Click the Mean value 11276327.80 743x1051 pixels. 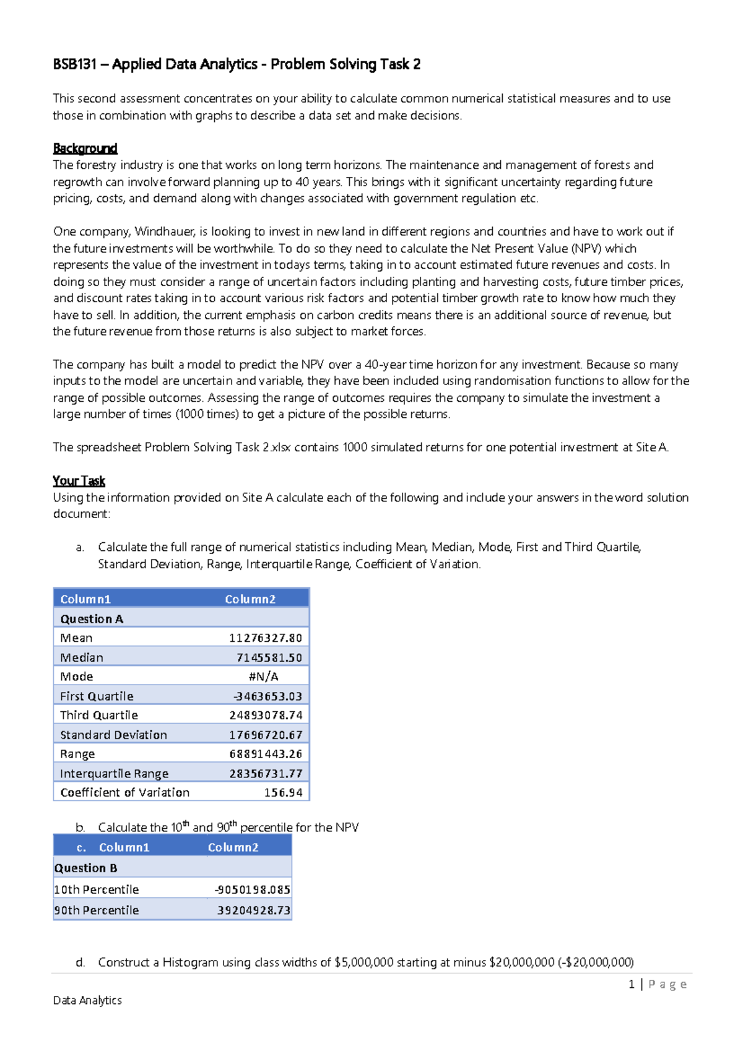pos(265,638)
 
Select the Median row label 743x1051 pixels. pos(82,657)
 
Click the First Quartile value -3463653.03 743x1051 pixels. pos(267,696)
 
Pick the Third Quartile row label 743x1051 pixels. pos(99,715)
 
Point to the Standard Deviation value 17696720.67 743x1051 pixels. pos(265,735)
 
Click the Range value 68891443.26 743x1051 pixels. pos(265,754)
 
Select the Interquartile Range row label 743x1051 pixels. pos(114,774)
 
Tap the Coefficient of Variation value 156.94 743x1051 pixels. pos(283,792)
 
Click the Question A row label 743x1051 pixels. pos(92,619)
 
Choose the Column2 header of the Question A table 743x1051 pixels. pos(250,599)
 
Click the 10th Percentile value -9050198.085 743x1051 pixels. pos(252,889)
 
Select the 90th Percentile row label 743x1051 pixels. pos(97,910)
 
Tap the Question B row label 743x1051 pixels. pos(85,868)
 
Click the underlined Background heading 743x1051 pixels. pos(85,149)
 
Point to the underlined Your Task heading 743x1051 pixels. pos(79,481)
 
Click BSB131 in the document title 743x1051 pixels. pos(74,64)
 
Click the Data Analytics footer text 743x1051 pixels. pos(87,1000)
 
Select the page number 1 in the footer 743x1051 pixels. pos(631,984)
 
